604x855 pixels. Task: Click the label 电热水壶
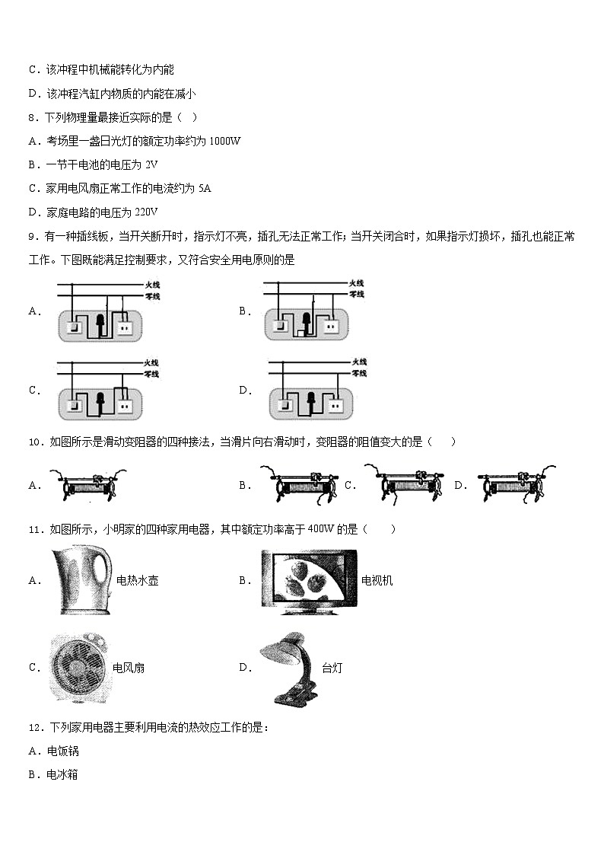(x=137, y=581)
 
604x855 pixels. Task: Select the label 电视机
(x=377, y=581)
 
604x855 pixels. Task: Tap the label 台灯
(x=332, y=668)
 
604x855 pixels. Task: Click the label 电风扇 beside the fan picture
(x=129, y=668)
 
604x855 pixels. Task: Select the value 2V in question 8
(x=151, y=164)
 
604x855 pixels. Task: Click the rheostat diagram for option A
(x=88, y=485)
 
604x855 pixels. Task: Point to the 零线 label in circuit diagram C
(x=151, y=374)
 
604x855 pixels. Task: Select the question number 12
(x=34, y=727)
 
